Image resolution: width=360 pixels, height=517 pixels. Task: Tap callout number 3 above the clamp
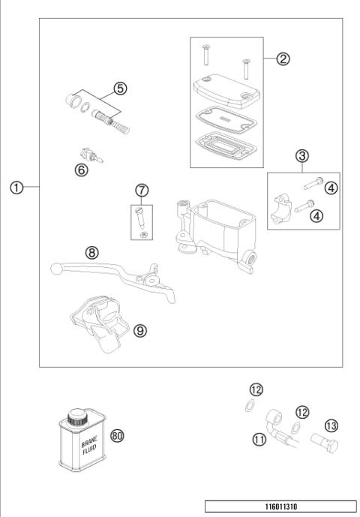click(x=302, y=156)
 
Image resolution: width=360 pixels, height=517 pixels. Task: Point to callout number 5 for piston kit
click(x=120, y=88)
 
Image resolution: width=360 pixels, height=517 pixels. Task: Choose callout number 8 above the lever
click(x=92, y=253)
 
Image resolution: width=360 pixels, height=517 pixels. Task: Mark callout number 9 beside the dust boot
click(x=139, y=330)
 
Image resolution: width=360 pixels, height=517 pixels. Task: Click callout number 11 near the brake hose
click(x=259, y=440)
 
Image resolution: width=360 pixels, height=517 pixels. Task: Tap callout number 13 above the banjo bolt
click(x=309, y=424)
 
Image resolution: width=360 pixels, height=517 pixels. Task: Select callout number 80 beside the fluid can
click(x=116, y=435)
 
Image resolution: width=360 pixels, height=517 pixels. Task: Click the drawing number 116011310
click(x=280, y=506)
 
